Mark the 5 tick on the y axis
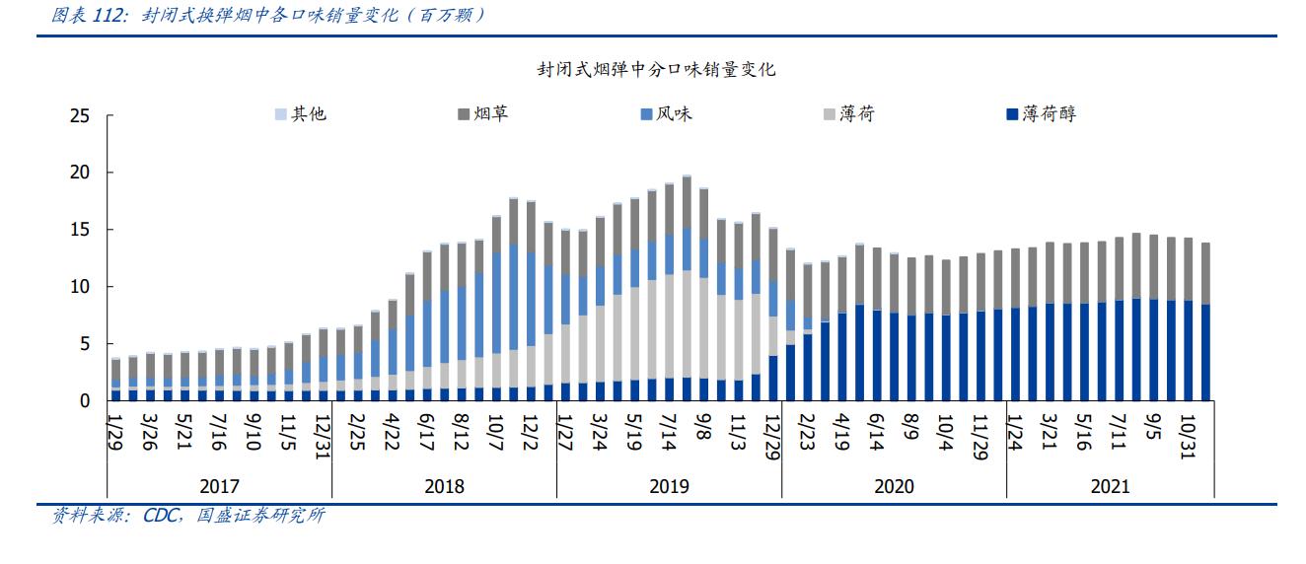(85, 344)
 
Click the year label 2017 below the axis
(219, 486)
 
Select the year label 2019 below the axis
(669, 486)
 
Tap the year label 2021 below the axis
(1111, 486)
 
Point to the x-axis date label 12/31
(323, 434)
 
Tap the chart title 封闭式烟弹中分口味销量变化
(656, 70)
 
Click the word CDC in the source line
(159, 516)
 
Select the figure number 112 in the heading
(108, 16)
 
